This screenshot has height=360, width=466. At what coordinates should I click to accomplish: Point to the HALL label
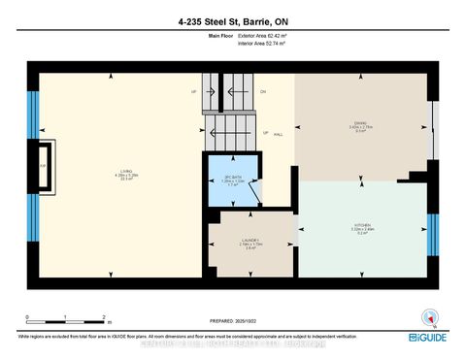(x=278, y=136)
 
